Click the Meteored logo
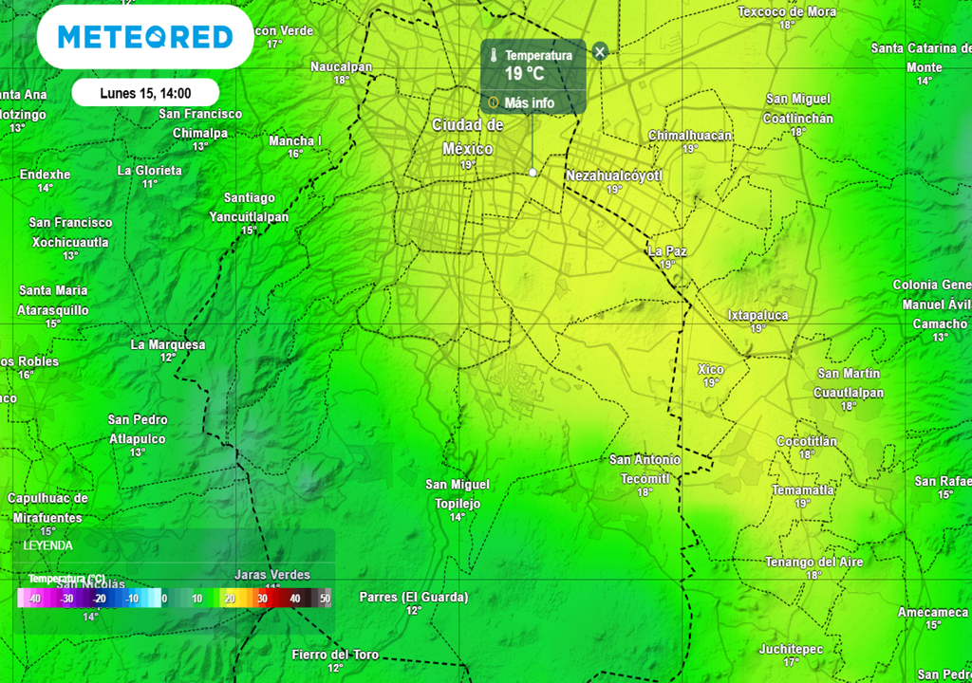coord(145,37)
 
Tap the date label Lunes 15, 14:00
coord(145,93)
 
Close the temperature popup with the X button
coord(599,51)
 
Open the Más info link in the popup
coord(529,102)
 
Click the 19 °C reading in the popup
coord(524,74)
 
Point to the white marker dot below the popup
coord(533,173)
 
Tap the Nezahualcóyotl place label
coord(613,175)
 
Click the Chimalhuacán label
coord(690,136)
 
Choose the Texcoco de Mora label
coord(787,11)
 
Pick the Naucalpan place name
coord(342,66)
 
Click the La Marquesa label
coord(167,344)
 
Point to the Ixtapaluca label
coord(757,315)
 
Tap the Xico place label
coord(710,369)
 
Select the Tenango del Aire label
coord(814,562)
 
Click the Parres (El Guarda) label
coord(414,597)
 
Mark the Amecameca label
coord(933,612)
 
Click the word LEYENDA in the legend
coord(47,546)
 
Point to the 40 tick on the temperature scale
coord(294,599)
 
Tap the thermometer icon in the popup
coord(494,56)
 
